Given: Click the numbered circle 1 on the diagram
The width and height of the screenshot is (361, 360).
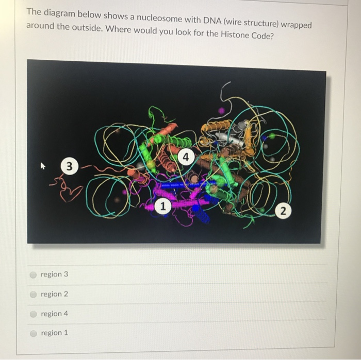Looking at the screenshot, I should point(162,206).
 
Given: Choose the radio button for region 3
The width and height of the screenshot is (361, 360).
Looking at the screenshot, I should point(33,275).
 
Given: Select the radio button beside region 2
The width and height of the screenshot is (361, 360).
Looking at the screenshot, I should point(33,294).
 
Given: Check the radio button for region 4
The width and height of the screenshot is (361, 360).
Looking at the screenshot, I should point(33,314).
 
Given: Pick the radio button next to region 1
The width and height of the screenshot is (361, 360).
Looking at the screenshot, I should point(33,333).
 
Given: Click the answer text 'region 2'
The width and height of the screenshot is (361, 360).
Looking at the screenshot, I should point(54,294).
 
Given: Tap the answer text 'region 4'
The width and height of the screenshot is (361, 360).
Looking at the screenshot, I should point(54,314).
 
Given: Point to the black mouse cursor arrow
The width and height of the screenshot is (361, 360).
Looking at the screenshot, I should point(43,166).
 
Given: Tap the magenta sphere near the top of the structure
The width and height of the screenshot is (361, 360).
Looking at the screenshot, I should point(221,110).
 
